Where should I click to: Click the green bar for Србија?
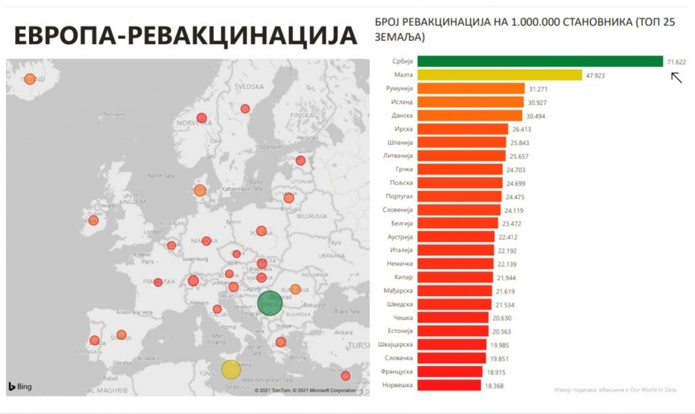coord(540,62)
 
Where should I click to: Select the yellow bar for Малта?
coord(500,75)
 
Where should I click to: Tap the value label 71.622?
coord(676,62)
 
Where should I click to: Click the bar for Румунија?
coord(470,89)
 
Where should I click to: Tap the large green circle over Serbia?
coord(269,303)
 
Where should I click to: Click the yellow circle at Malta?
coord(231,369)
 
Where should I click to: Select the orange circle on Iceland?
coord(29,79)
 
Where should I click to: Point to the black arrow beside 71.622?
coord(676,77)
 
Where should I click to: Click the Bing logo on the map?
coord(20,387)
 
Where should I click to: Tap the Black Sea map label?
coord(346,310)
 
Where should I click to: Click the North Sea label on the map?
coord(161,175)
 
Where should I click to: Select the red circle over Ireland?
coord(94,220)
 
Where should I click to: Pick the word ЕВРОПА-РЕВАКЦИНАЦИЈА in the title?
coord(185,36)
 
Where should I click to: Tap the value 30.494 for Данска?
coord(535,116)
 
